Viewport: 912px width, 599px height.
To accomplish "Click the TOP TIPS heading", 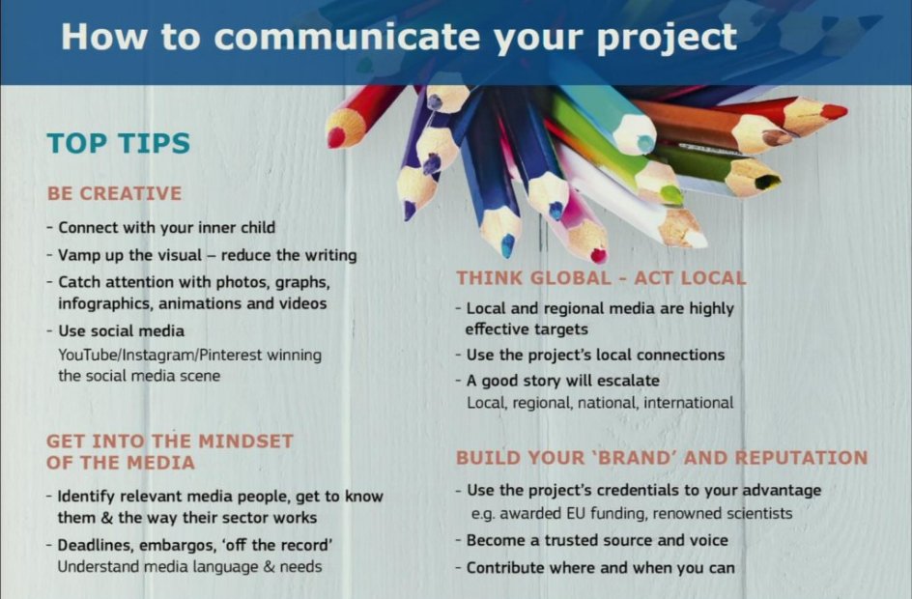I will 118,144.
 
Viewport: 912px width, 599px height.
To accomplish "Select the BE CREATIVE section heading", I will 114,193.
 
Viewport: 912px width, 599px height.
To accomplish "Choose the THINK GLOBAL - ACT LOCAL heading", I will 601,278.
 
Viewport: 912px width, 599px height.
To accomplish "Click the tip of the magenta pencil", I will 599,256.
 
